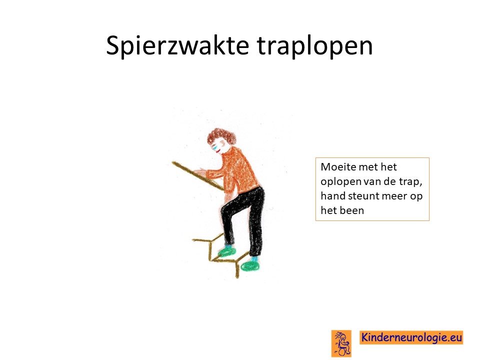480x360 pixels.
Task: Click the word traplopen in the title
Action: coord(315,46)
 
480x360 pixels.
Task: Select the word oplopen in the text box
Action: coord(340,182)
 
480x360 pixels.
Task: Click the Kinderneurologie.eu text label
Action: coord(411,337)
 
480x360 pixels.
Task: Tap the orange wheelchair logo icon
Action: coord(341,343)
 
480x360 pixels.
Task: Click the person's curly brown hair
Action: coord(222,137)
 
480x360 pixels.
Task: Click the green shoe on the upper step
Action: coord(227,251)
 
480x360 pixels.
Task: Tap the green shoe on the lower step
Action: coord(250,265)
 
